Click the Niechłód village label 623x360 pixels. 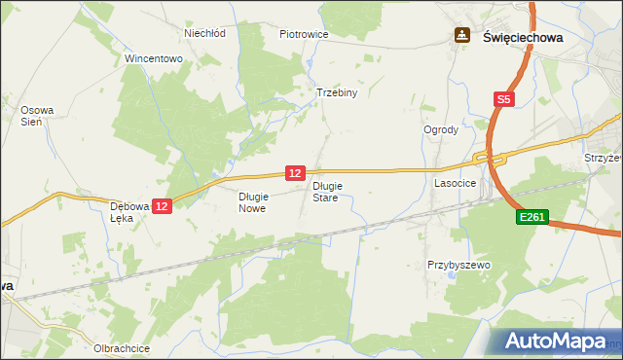pos(205,32)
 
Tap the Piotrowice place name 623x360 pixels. pos(304,34)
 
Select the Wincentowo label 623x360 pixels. pos(154,58)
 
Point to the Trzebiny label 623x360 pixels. pos(338,93)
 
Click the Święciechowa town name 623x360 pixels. pos(523,36)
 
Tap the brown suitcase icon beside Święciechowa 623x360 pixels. pos(461,36)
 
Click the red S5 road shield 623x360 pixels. pos(502,99)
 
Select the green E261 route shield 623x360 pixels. pos(533,220)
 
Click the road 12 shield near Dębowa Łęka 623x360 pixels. pos(162,206)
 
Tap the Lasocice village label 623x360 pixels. pos(455,182)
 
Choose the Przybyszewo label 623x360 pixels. pos(458,265)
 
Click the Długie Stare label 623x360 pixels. pos(325,191)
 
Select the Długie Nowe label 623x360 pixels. pos(252,201)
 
